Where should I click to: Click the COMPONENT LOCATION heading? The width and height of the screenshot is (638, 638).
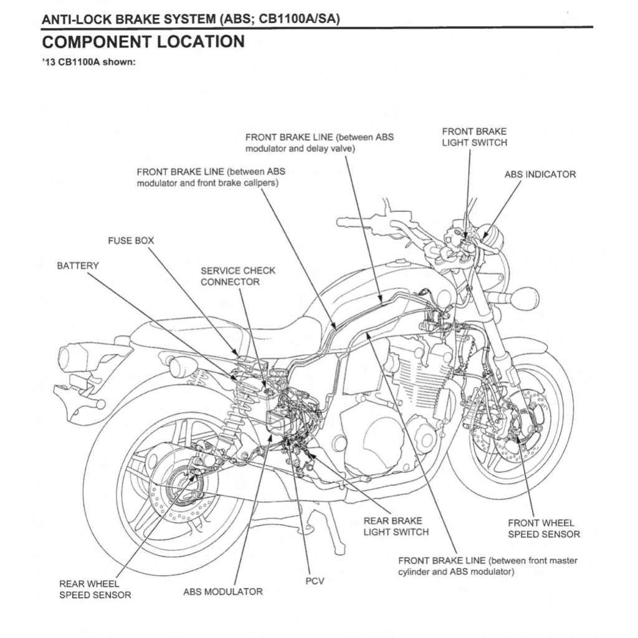click(143, 42)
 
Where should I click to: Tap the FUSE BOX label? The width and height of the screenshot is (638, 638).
click(131, 240)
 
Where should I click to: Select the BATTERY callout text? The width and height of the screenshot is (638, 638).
click(78, 266)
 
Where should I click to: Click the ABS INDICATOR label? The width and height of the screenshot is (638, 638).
click(540, 174)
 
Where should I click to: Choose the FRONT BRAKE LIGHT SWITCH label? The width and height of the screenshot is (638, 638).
click(474, 137)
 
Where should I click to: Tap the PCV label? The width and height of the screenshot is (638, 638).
click(315, 581)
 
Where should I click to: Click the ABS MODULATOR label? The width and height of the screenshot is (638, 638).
click(222, 591)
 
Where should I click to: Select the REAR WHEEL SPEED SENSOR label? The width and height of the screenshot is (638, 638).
click(95, 589)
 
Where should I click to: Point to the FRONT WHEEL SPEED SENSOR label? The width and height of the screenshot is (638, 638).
click(543, 528)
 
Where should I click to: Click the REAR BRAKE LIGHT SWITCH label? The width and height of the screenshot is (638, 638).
click(396, 526)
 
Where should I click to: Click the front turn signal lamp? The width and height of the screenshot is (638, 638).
click(523, 298)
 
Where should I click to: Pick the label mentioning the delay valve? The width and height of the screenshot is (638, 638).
click(319, 143)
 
